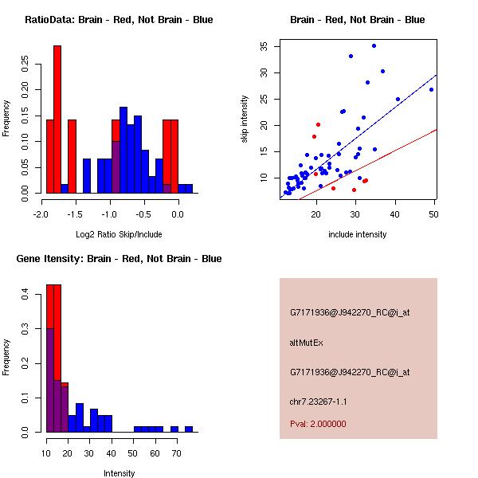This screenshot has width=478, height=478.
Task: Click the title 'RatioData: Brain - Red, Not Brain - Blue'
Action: [119, 20]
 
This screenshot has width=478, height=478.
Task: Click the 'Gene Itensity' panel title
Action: [119, 259]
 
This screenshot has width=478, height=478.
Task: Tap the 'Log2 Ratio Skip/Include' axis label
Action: [119, 234]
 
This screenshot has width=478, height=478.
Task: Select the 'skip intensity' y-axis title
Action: [245, 119]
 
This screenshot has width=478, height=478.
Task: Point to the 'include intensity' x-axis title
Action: [358, 234]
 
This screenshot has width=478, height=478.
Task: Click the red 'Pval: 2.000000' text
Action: [318, 424]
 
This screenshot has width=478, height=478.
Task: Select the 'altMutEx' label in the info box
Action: [306, 343]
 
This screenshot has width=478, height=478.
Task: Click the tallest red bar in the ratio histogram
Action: [57, 119]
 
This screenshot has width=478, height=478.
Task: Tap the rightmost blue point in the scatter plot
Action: [431, 89]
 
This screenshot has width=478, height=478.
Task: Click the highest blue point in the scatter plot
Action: [374, 46]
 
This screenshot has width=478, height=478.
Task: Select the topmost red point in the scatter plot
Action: [318, 124]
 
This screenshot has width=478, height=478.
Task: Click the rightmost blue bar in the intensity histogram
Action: [189, 429]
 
